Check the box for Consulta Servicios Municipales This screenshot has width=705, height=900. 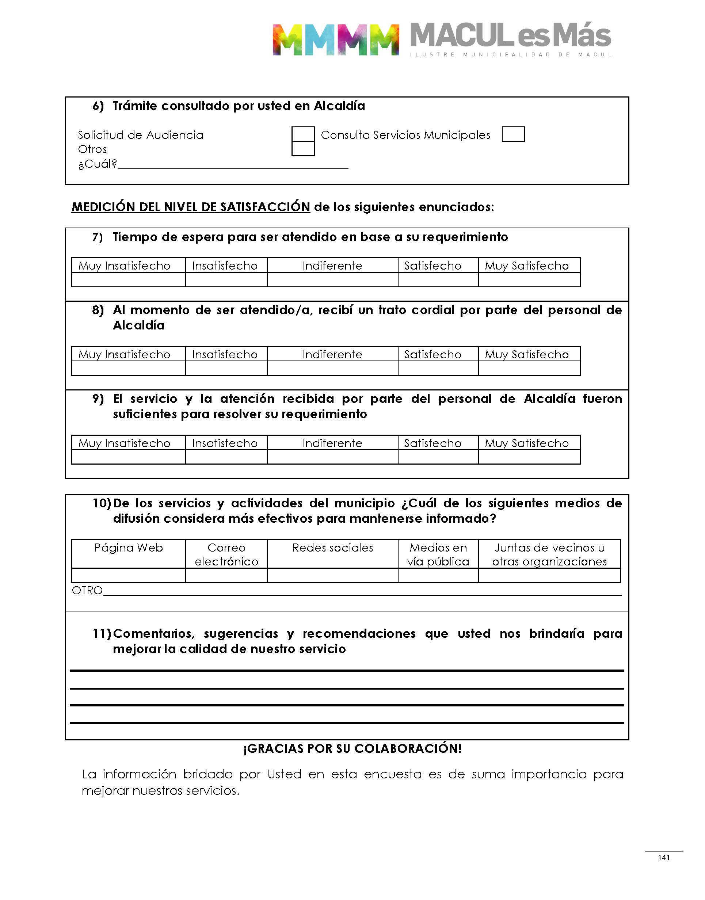point(513,134)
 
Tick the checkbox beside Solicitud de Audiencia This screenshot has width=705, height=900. point(303,134)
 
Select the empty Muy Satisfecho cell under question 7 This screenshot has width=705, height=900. point(529,280)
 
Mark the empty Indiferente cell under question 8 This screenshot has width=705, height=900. point(332,369)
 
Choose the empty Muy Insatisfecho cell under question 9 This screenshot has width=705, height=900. point(128,457)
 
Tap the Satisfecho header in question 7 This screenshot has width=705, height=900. point(432,266)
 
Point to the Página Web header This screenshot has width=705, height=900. point(128,548)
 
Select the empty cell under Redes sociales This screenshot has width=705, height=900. point(332,576)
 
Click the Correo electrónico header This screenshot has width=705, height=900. point(226,554)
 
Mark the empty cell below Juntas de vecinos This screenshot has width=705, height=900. point(549,576)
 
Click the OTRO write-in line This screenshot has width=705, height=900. point(362,592)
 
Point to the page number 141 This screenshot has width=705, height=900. point(664,858)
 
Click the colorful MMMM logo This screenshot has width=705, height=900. point(336,39)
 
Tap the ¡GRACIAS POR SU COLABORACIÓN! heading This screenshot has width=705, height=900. point(352,748)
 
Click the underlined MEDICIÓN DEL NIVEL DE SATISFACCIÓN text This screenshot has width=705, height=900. point(191,207)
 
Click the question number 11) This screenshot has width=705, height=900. point(102,633)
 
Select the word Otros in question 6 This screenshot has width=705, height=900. point(92,149)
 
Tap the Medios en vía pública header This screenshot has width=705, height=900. point(438,554)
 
